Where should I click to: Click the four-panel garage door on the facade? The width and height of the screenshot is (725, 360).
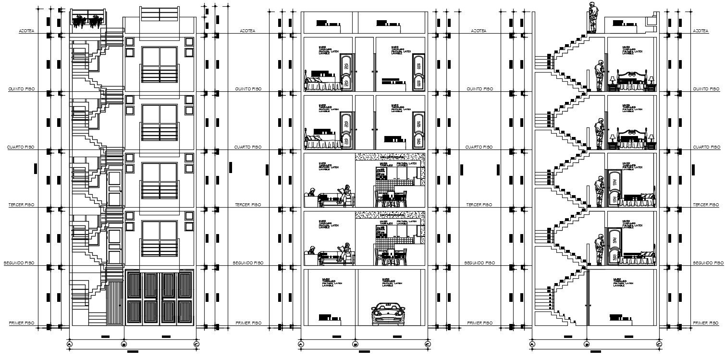tap(160, 298)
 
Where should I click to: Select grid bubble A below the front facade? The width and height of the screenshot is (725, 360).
tap(69, 344)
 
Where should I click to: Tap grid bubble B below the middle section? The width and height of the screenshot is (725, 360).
tap(355, 344)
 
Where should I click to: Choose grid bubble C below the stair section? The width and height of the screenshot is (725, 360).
tap(659, 344)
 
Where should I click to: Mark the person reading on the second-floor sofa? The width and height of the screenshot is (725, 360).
tap(345, 253)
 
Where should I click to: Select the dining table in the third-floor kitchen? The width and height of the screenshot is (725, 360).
tap(390, 198)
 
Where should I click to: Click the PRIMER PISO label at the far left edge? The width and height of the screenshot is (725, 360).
tap(21, 323)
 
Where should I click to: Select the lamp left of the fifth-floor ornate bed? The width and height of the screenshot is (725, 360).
tap(613, 80)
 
